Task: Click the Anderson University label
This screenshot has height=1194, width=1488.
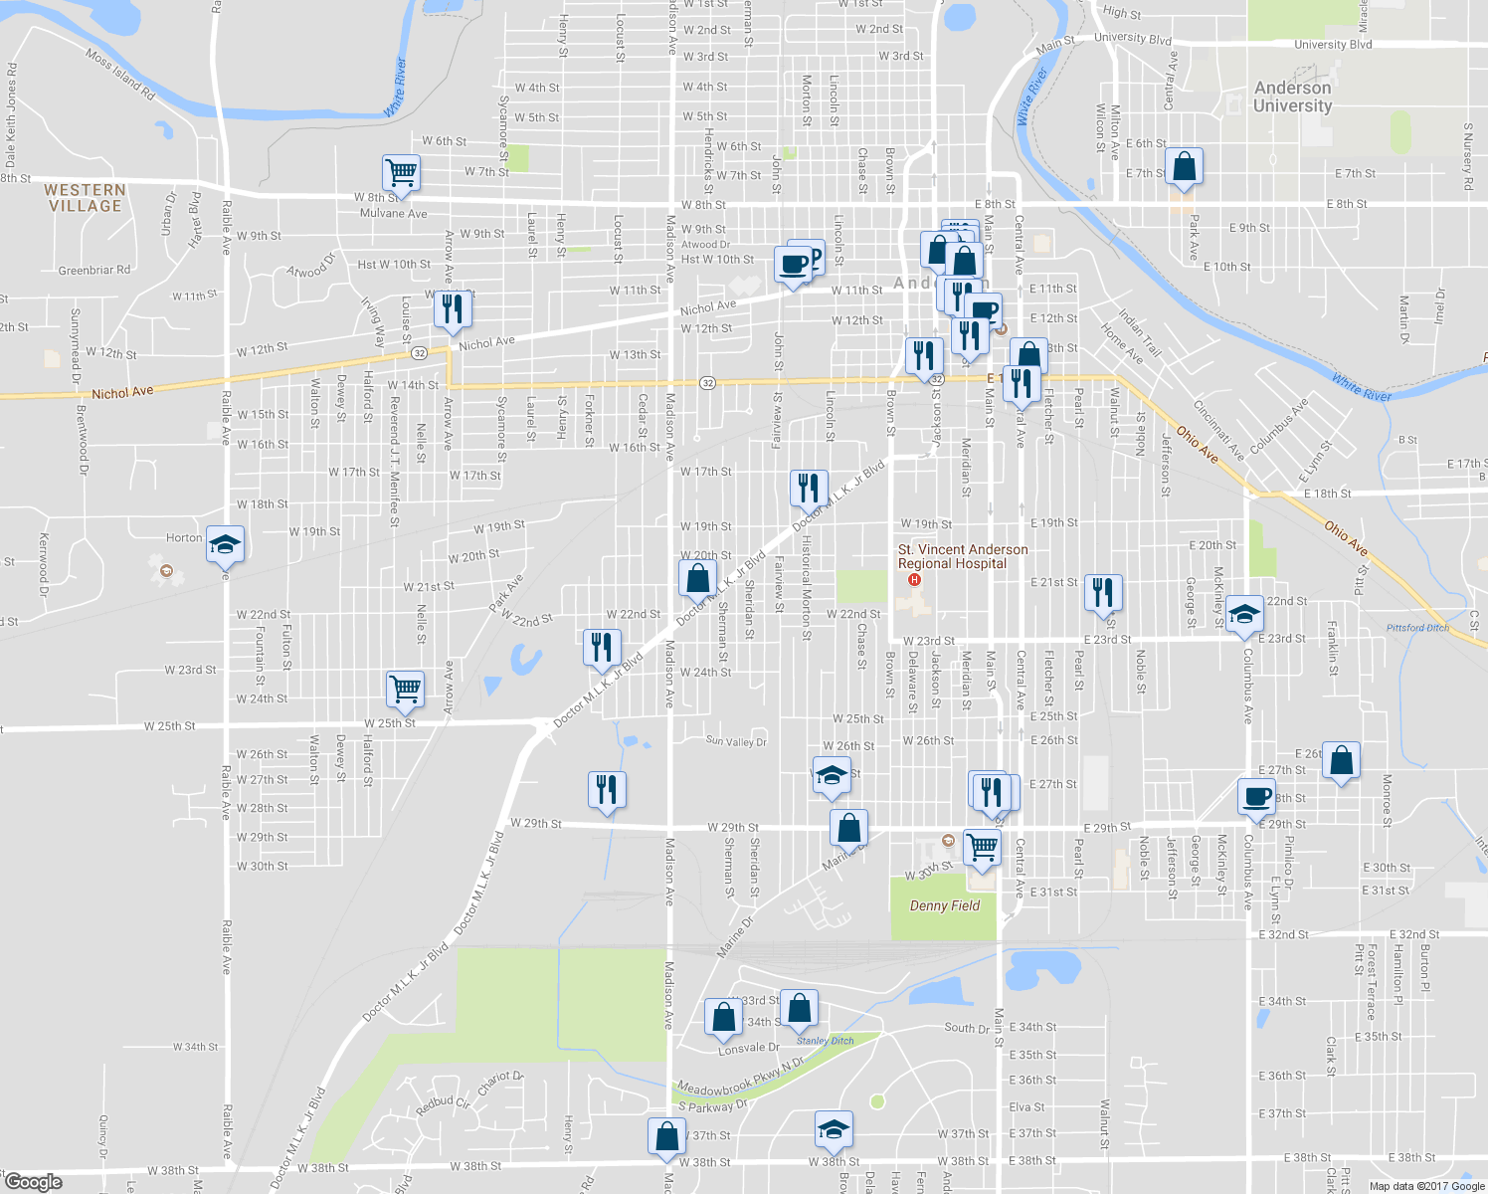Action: point(1292,97)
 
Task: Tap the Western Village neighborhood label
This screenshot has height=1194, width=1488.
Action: point(85,198)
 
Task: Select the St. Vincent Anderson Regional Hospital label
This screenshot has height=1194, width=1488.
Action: point(962,556)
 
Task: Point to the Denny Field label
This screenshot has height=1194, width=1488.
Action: point(944,905)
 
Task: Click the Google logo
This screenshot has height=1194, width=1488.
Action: point(33,1182)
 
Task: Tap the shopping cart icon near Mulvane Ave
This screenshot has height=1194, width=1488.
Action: point(402,172)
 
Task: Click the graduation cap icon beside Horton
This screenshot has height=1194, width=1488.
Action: point(226,543)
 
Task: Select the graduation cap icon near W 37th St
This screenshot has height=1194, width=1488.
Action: point(834,1128)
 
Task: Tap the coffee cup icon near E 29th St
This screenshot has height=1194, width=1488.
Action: point(1256,796)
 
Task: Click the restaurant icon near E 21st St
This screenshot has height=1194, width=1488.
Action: point(1102,592)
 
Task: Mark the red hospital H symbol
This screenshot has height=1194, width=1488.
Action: point(915,580)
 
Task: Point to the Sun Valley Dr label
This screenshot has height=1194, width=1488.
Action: point(736,741)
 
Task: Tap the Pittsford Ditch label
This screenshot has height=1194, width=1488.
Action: point(1417,628)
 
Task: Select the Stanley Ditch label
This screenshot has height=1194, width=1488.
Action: point(825,1041)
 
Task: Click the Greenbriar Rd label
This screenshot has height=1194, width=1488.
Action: point(94,270)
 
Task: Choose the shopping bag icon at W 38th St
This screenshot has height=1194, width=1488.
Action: point(666,1135)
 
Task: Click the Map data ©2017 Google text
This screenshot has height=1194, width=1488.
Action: point(1426,1186)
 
